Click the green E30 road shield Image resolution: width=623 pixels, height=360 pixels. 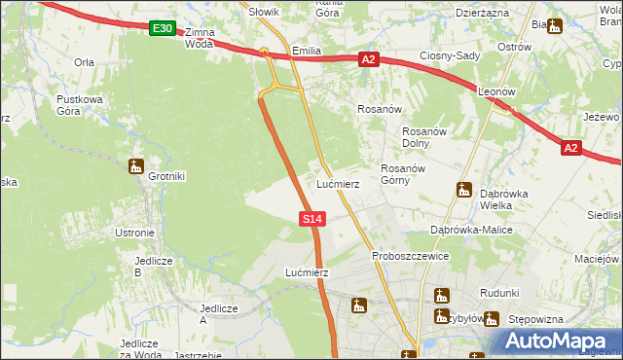[163, 29]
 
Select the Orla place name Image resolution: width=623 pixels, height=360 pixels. [84, 61]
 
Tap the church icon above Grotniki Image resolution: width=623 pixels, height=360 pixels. [135, 165]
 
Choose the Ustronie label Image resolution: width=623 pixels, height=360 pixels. [134, 233]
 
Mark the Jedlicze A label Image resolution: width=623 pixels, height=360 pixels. [218, 314]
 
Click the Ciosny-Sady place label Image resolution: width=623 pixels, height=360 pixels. [450, 55]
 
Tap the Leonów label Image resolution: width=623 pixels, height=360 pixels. [497, 91]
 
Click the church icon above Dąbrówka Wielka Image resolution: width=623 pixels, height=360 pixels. [464, 190]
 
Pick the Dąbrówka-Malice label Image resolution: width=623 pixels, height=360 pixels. [471, 230]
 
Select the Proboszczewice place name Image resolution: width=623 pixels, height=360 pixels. [410, 256]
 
